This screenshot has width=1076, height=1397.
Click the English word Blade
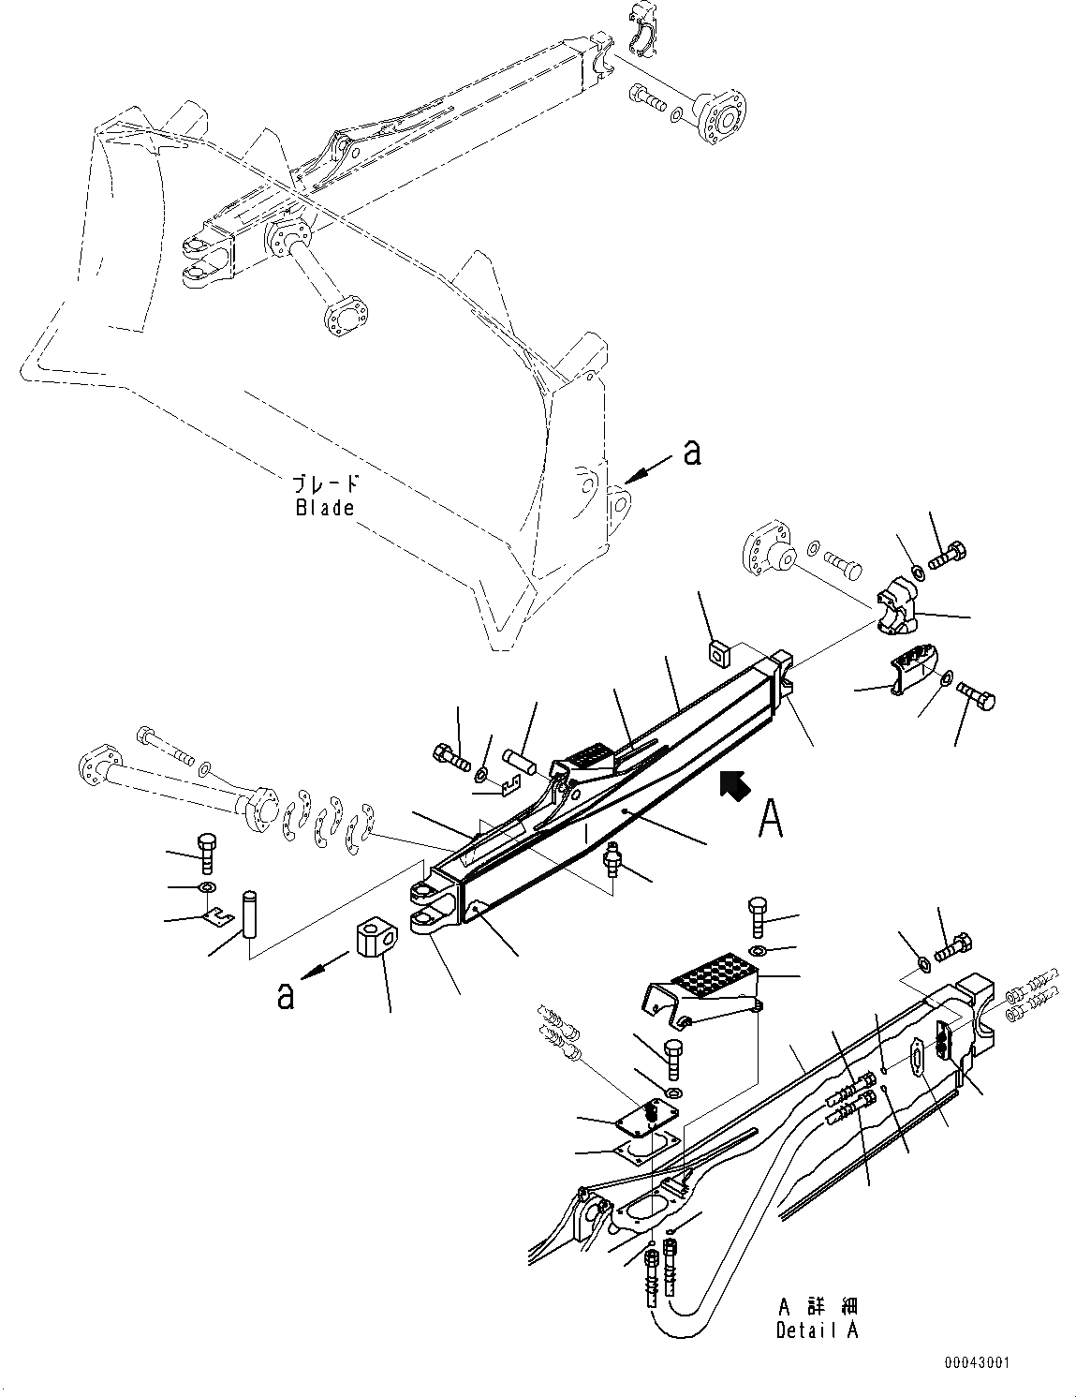pyautogui.click(x=325, y=508)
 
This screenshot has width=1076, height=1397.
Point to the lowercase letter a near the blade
pyautogui.click(x=692, y=453)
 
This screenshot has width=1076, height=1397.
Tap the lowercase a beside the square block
pyautogui.click(x=286, y=995)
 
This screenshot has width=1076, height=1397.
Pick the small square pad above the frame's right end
pyautogui.click(x=718, y=652)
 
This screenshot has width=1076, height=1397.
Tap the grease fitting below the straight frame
pyautogui.click(x=613, y=860)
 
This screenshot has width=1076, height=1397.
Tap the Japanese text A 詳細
pyautogui.click(x=817, y=1306)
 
